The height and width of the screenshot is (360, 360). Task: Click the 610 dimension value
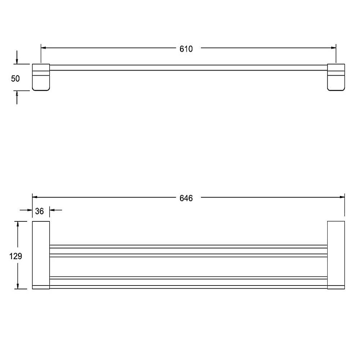[x=186, y=49]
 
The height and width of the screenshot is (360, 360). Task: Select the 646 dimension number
[x=186, y=198]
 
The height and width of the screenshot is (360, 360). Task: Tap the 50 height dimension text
[x=15, y=78]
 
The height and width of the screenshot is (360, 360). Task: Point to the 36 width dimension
[x=40, y=211]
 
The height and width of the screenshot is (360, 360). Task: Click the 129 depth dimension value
[x=15, y=256]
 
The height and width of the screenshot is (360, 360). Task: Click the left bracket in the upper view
[x=41, y=77]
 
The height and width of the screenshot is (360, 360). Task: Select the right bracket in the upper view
[x=336, y=77]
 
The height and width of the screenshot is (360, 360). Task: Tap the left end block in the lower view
[x=41, y=255]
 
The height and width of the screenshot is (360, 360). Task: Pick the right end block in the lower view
[x=336, y=255]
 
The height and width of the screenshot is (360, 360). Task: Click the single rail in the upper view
[x=188, y=68]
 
